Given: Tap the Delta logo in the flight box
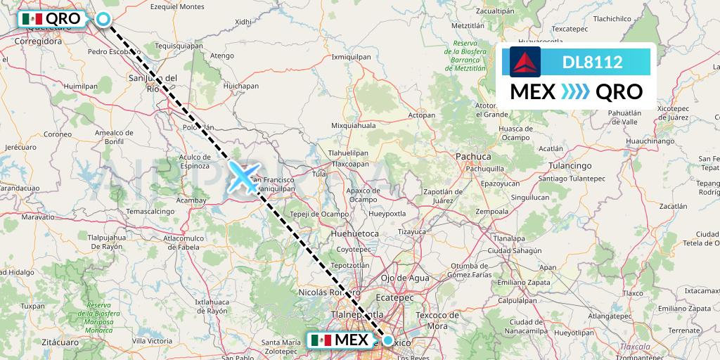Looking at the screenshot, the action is pyautogui.click(x=525, y=62).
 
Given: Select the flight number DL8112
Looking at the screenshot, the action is pyautogui.click(x=592, y=62).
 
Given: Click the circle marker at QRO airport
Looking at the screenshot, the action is pyautogui.click(x=103, y=19).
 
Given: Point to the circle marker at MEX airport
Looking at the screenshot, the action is pyautogui.click(x=387, y=340).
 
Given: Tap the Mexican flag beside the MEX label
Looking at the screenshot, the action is pyautogui.click(x=321, y=340).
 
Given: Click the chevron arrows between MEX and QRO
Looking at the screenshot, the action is pyautogui.click(x=574, y=91).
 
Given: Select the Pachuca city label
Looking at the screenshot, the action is pyautogui.click(x=454, y=156).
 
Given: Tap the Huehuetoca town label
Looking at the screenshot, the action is pyautogui.click(x=356, y=233).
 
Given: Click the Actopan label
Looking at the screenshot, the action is pyautogui.click(x=422, y=115).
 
